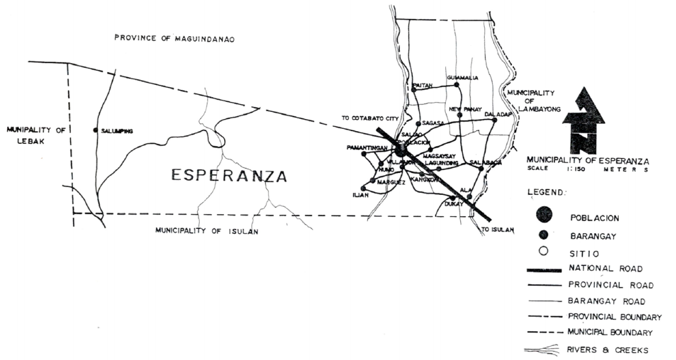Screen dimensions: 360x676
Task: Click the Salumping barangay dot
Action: click(95, 130)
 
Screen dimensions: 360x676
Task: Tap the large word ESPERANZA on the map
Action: click(228, 176)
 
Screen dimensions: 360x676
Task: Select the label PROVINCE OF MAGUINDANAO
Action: click(175, 39)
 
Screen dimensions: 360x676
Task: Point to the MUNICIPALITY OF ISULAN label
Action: click(207, 231)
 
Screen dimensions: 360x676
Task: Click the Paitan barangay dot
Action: click(414, 90)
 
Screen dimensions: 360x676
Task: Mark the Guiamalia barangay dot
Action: click(457, 84)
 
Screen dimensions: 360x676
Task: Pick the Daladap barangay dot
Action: click(495, 120)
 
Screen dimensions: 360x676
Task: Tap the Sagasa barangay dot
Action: click(418, 123)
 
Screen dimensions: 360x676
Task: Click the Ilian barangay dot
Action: click(371, 188)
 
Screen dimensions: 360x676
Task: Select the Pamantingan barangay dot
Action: click(364, 154)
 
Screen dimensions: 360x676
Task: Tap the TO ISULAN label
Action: click(497, 230)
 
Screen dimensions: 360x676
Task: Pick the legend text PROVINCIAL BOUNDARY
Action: click(615, 316)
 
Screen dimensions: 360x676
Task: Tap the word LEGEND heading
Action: click(545, 192)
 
